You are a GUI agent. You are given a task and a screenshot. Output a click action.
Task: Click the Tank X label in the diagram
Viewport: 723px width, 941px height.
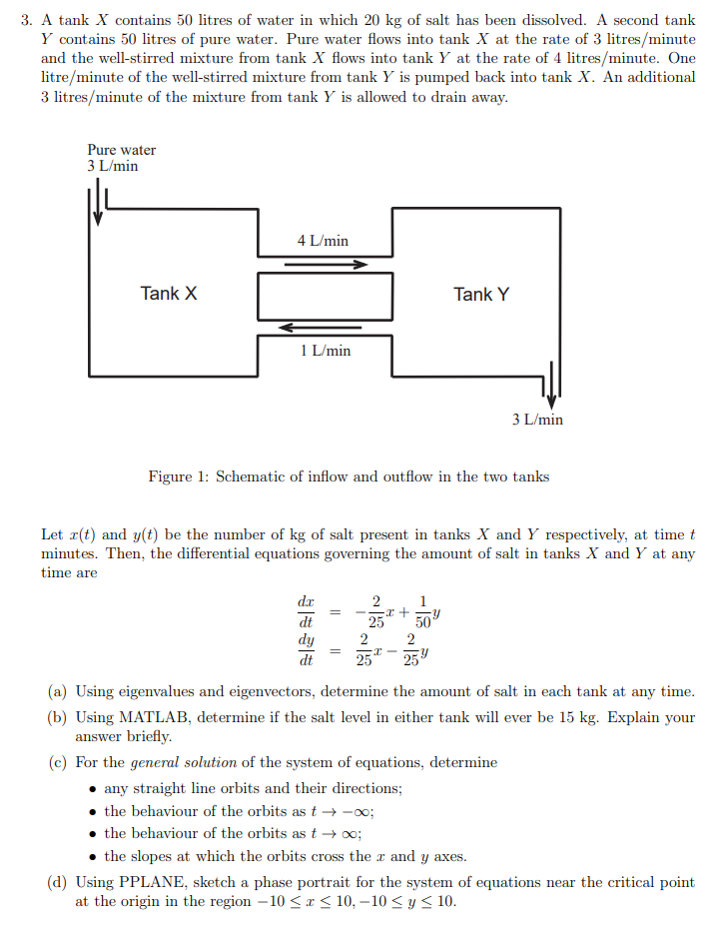(169, 293)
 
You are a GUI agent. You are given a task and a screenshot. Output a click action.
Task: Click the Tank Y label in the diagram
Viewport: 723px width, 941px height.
(480, 294)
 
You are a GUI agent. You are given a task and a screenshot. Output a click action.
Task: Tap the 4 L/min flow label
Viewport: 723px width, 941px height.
(323, 241)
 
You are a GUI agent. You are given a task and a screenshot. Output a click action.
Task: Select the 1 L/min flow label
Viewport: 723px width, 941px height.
(325, 351)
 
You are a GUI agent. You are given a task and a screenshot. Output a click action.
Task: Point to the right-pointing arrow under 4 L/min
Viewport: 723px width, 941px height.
(326, 265)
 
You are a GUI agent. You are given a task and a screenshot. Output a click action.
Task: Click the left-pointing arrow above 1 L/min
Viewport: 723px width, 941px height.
(320, 327)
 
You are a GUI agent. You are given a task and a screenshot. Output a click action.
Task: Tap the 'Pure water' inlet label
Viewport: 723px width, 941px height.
(121, 150)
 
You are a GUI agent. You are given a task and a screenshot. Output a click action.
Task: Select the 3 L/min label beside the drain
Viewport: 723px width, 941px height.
(537, 420)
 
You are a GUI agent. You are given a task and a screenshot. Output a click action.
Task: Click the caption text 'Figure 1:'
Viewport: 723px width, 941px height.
(178, 476)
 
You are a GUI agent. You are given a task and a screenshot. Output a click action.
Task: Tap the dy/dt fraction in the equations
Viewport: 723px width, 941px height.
(306, 649)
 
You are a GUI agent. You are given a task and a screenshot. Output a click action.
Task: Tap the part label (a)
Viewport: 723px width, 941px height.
(59, 691)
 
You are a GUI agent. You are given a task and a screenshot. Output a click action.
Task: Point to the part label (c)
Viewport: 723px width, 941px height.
(58, 762)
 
